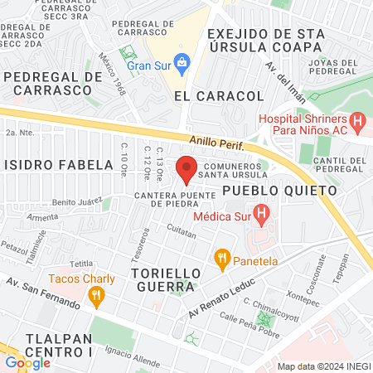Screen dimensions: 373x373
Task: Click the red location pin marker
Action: click(x=186, y=168)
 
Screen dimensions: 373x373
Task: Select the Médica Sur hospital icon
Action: click(x=262, y=218)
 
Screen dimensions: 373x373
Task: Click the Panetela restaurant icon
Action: click(x=221, y=257)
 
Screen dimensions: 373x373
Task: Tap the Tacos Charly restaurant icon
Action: click(x=96, y=294)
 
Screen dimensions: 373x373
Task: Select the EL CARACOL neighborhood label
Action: click(x=219, y=96)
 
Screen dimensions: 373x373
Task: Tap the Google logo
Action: click(x=27, y=362)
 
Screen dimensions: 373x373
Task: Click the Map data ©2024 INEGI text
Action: click(x=323, y=366)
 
